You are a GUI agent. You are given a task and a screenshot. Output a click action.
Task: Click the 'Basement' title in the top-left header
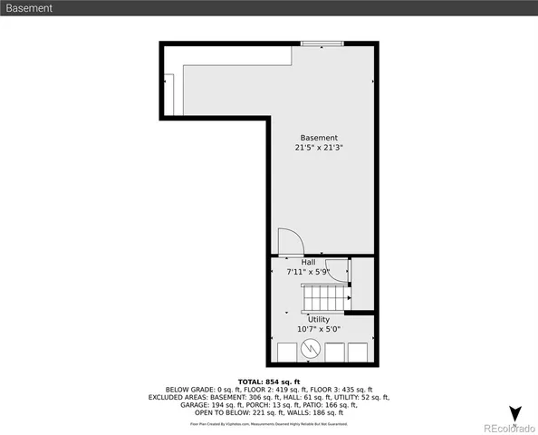[x=28, y=8]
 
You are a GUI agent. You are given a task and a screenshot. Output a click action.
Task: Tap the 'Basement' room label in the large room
[x=319, y=138]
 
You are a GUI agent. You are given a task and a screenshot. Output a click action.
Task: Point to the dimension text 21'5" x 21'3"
[x=319, y=148]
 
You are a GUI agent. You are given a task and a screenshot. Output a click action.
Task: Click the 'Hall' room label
[x=308, y=262]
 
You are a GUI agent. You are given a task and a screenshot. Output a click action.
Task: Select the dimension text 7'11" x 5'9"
[x=311, y=272]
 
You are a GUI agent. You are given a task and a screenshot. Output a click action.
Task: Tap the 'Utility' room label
[x=319, y=319]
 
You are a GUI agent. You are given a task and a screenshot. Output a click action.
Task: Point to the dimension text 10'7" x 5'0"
[x=319, y=329]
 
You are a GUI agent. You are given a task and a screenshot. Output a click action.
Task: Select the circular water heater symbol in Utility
[x=310, y=348]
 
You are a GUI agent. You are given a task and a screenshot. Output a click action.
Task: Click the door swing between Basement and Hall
[x=290, y=242]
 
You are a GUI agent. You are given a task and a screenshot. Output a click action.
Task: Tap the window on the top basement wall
[x=322, y=42]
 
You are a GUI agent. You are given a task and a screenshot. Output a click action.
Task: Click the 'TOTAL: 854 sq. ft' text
[x=268, y=382]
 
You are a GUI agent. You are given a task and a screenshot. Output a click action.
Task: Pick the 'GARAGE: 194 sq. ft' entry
[x=216, y=405]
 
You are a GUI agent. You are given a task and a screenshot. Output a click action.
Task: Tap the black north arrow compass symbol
[x=514, y=414]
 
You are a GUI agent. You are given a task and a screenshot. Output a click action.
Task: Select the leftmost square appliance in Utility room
[x=286, y=353]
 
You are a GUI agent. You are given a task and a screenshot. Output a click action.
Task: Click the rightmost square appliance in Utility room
[x=359, y=353]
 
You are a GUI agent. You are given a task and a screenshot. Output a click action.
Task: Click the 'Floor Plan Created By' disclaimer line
[x=268, y=423]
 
